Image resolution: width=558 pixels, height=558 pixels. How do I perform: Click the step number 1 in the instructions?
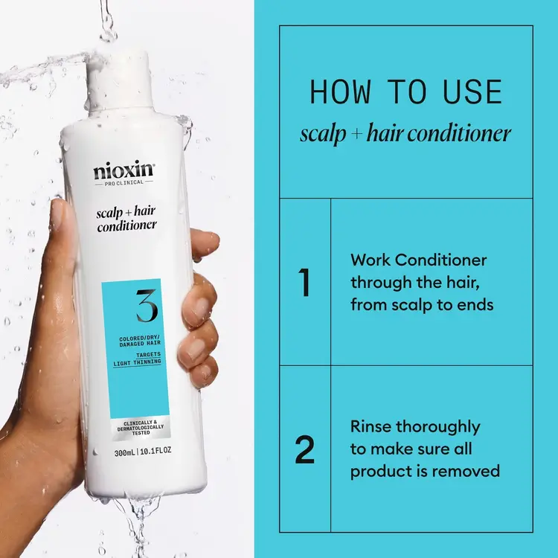(x=304, y=283)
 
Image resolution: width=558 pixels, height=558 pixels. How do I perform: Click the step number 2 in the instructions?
(x=304, y=450)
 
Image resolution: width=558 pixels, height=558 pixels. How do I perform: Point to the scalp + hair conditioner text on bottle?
(x=124, y=220)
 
